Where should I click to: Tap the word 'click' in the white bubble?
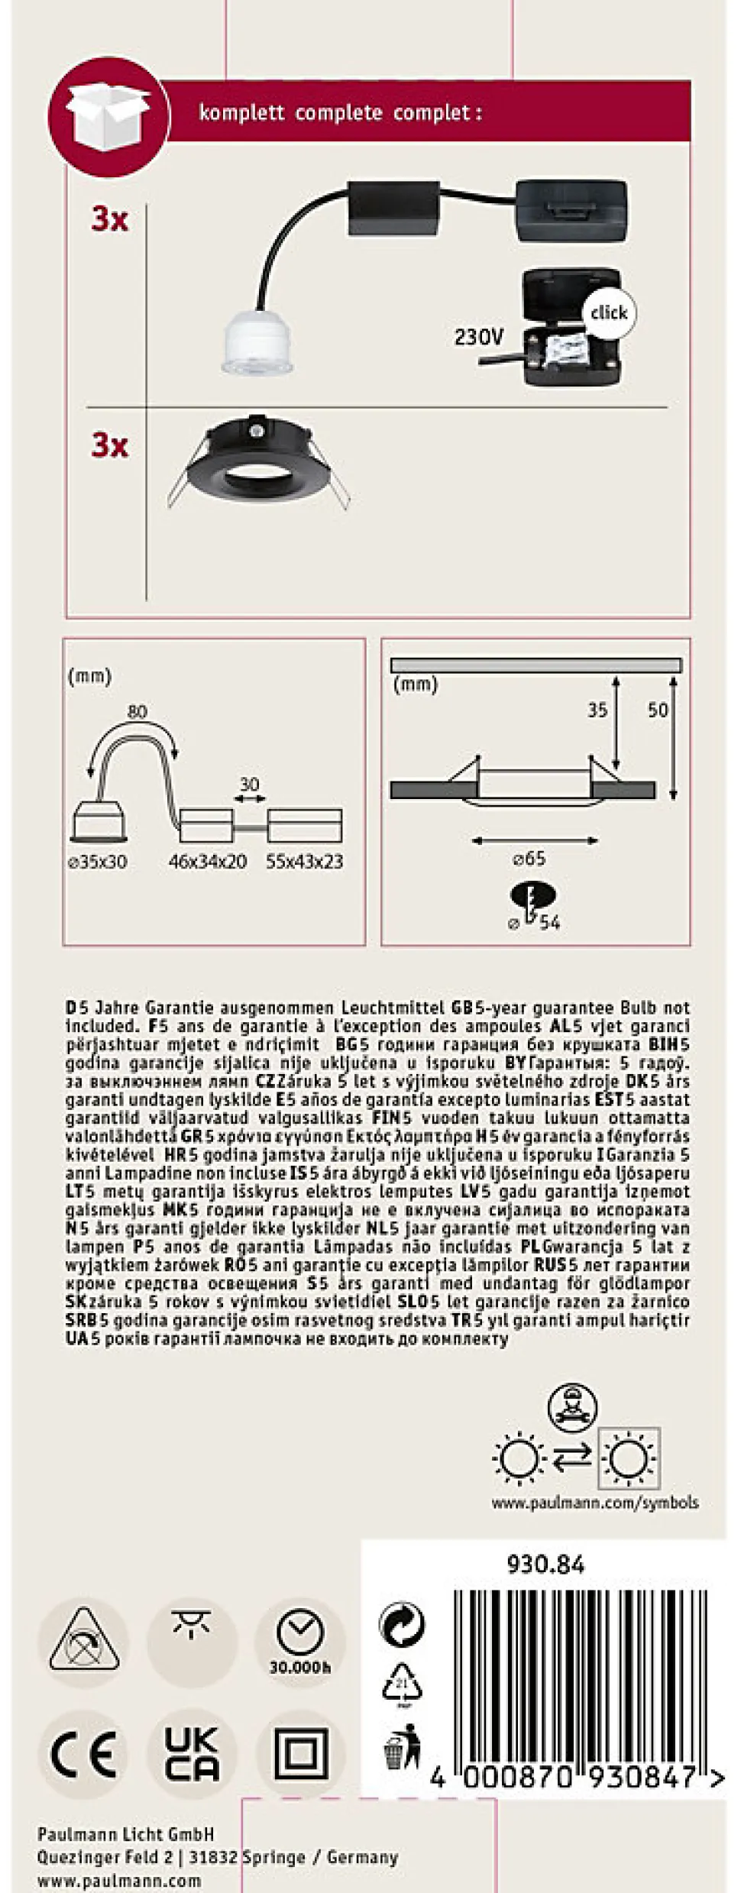click(x=608, y=312)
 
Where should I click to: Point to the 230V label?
click(x=479, y=336)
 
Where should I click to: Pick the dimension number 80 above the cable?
click(x=137, y=711)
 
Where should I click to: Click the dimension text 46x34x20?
click(x=207, y=862)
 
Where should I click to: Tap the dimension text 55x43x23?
click(x=304, y=862)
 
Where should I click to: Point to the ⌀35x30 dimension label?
click(x=98, y=862)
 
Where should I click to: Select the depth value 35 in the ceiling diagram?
click(x=597, y=710)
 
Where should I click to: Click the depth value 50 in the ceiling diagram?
click(x=657, y=710)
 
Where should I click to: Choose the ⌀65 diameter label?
click(x=529, y=858)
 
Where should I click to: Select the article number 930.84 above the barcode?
click(x=545, y=1565)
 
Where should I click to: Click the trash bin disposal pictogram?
click(x=402, y=1746)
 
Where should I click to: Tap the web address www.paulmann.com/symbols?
click(x=594, y=1503)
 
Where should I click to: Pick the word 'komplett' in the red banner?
click(x=241, y=113)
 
